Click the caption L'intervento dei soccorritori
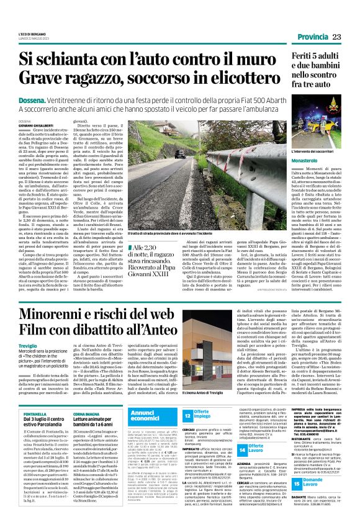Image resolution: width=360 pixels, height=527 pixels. point(296,151)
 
